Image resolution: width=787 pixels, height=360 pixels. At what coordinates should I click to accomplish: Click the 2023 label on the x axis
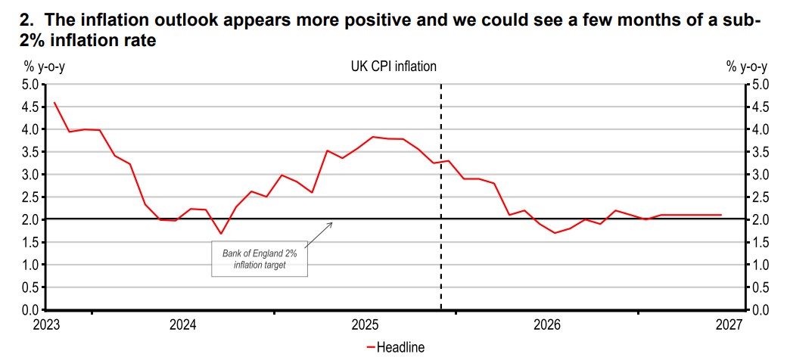(46, 325)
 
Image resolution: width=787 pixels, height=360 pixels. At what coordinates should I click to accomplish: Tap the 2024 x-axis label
(182, 325)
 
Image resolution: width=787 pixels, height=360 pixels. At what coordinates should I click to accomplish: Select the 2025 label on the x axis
(365, 325)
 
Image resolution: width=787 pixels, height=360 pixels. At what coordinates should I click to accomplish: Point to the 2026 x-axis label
(546, 325)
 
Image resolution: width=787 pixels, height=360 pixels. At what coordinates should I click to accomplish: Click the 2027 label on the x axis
(728, 325)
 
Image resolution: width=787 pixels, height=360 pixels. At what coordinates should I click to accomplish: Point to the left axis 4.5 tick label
(30, 107)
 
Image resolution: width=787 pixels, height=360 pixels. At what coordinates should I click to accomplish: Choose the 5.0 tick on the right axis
(760, 84)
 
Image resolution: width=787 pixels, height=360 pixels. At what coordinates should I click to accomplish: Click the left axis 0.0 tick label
(30, 310)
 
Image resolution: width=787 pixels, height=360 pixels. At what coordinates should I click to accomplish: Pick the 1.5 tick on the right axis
(760, 242)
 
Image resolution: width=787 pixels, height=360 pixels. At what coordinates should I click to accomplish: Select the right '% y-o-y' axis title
(747, 67)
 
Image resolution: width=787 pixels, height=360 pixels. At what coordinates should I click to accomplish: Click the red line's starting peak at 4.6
(54, 102)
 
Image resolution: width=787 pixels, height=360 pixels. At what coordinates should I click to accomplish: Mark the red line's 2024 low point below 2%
(220, 233)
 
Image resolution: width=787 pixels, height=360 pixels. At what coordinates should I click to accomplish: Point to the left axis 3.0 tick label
(30, 175)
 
